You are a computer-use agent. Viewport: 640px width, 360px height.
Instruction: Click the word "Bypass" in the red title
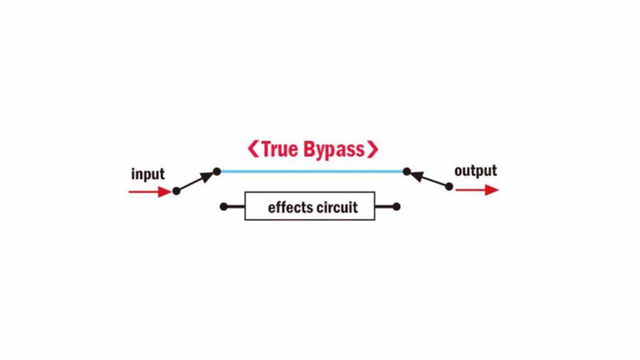click(x=334, y=150)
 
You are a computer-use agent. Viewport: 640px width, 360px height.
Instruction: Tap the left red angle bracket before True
click(x=252, y=150)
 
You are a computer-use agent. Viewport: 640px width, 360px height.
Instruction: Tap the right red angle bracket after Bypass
click(x=372, y=150)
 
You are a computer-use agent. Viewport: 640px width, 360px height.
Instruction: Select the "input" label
click(x=148, y=174)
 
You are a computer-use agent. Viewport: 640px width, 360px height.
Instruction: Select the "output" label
click(x=475, y=170)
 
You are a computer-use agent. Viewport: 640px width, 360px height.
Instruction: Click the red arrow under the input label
click(x=149, y=192)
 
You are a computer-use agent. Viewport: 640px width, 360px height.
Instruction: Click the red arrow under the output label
click(x=477, y=190)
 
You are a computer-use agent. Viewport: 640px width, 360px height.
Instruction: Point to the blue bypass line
click(x=311, y=171)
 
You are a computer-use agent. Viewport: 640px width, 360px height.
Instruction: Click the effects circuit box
click(x=309, y=206)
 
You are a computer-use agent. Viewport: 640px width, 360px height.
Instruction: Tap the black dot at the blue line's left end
click(x=217, y=171)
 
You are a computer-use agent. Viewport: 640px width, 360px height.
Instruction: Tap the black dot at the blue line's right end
click(x=406, y=171)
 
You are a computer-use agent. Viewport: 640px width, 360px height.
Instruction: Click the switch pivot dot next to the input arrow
click(x=176, y=192)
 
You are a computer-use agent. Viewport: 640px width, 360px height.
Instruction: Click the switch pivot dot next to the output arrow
click(x=449, y=186)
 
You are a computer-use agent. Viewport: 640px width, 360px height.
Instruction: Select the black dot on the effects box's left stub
click(x=224, y=206)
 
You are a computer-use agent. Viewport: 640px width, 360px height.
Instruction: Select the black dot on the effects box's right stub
click(x=396, y=206)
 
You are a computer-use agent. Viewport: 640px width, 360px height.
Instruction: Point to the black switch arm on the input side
click(x=196, y=181)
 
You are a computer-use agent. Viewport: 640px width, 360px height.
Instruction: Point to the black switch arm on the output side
click(x=428, y=178)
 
